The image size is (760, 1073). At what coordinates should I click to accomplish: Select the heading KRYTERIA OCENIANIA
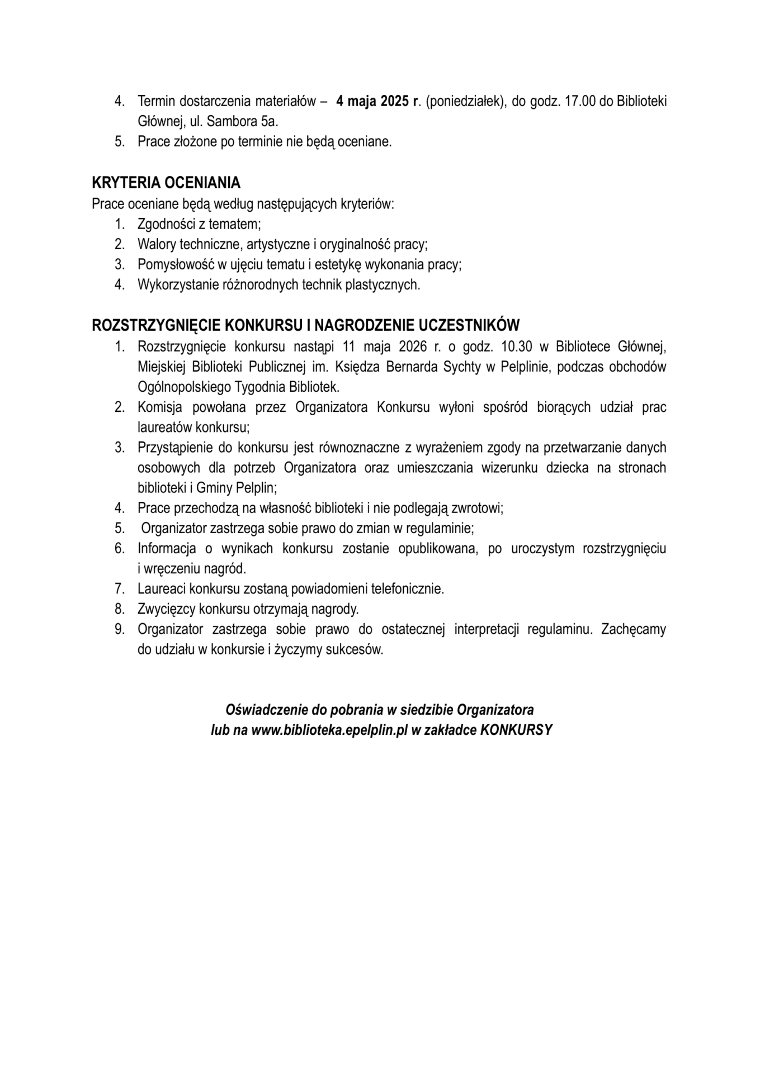(166, 183)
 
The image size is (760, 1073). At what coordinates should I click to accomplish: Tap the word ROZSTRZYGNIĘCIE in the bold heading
(156, 325)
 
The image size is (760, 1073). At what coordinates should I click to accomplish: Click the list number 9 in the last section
(119, 629)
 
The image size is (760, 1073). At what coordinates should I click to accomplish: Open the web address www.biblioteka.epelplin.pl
(330, 730)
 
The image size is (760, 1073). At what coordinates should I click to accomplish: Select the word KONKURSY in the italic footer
(516, 730)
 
